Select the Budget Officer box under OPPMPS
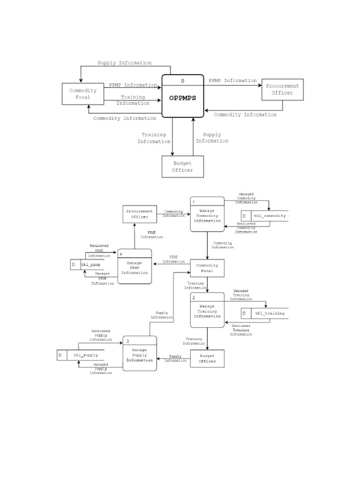[x=183, y=166]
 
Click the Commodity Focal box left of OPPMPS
[x=83, y=94]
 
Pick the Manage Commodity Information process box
[x=207, y=216]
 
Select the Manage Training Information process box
[x=207, y=311]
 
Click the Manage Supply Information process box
[x=139, y=355]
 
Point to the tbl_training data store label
[x=270, y=313]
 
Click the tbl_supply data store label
[x=84, y=356]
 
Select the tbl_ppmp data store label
[x=91, y=265]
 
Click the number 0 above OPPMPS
[x=183, y=81]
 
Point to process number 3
[x=127, y=341]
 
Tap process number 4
[x=121, y=254]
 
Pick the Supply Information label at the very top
[x=124, y=63]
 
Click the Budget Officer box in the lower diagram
[x=207, y=359]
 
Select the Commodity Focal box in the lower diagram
[x=207, y=268]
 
